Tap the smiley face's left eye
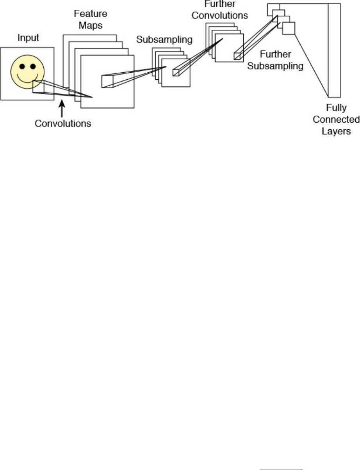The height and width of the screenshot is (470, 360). (22, 66)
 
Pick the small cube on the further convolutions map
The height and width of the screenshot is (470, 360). (237, 56)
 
